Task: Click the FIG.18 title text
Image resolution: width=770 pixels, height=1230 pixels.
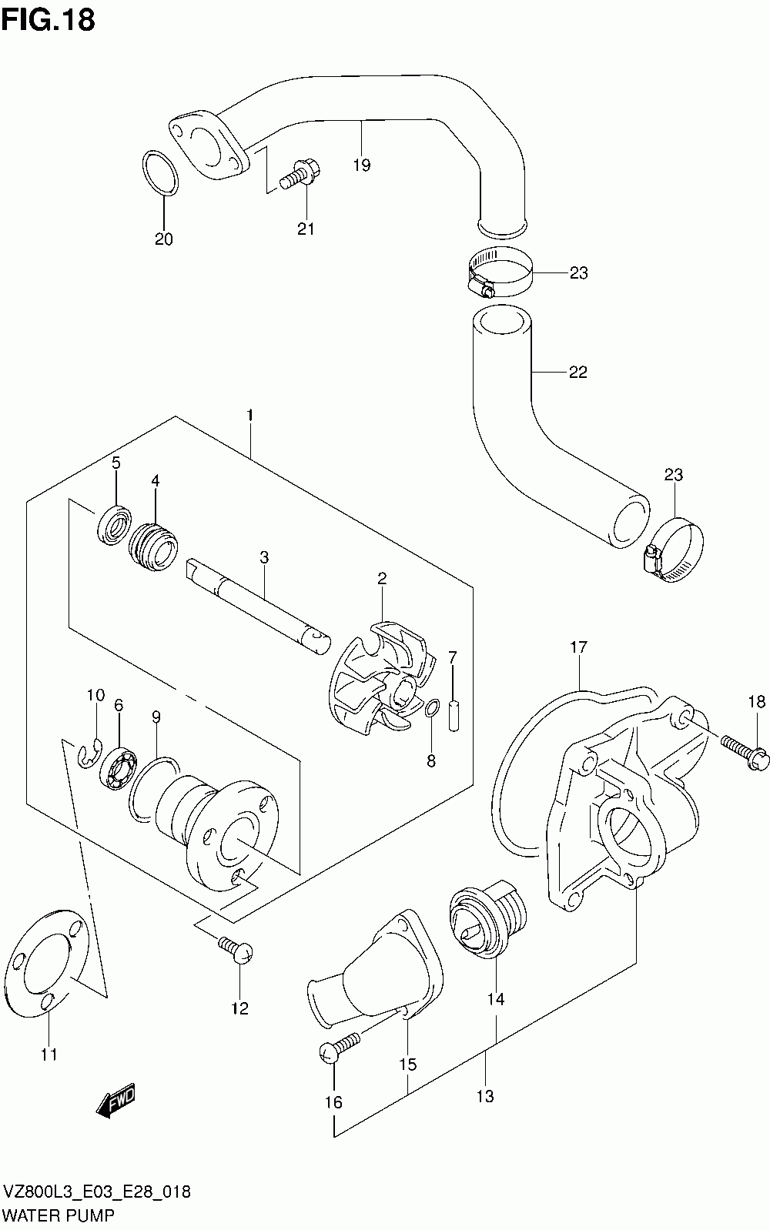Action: tap(49, 20)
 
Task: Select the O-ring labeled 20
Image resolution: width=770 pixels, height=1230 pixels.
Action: tap(160, 172)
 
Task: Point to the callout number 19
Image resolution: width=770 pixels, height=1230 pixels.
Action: tap(362, 165)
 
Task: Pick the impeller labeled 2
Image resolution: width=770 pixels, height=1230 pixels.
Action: tap(378, 679)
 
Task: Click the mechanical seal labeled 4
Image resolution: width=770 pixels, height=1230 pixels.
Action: tap(153, 547)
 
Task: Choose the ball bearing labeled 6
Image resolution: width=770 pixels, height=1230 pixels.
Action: tap(118, 768)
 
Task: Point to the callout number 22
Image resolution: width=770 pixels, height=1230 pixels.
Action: tap(577, 373)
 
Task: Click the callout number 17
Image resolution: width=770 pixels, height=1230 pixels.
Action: tap(579, 647)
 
